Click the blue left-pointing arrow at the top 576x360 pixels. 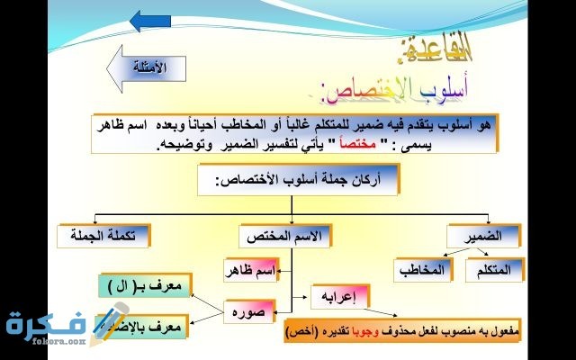pyautogui.click(x=150, y=21)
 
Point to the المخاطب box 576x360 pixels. pyautogui.click(x=422, y=269)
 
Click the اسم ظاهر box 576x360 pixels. pyautogui.click(x=251, y=269)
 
